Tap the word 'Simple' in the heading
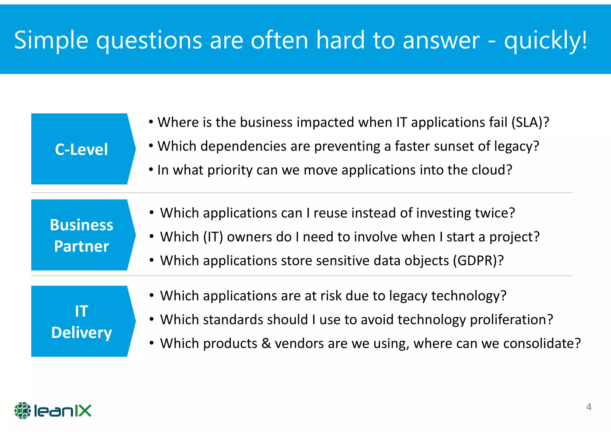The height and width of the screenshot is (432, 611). [51, 40]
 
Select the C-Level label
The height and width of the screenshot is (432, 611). [81, 149]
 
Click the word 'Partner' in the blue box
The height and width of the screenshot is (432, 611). [81, 246]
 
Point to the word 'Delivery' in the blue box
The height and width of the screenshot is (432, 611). [81, 332]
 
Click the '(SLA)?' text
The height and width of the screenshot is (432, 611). [530, 122]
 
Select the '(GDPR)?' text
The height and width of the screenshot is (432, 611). [478, 260]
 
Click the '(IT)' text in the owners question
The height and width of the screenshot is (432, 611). [213, 237]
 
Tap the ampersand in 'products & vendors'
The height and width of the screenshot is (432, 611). [266, 343]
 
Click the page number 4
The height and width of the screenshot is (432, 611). [589, 407]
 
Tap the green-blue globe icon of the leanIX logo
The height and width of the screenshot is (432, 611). [22, 411]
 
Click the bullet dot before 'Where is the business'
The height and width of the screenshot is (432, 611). [151, 122]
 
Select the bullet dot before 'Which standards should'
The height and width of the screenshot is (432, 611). [152, 320]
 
